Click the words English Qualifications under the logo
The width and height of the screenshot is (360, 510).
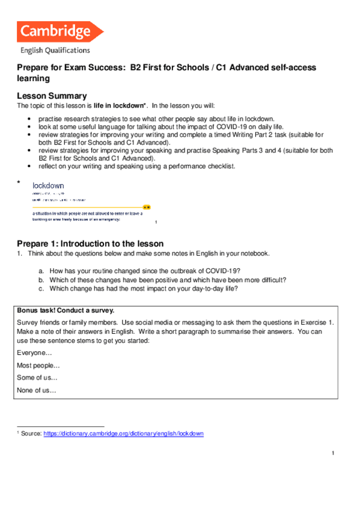point(55,51)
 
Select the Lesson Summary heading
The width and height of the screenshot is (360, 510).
point(52,96)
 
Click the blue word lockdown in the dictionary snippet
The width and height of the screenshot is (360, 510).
point(48,186)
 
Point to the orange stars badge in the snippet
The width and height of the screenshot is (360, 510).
point(147,206)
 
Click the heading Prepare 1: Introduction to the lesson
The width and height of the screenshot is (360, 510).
point(90,244)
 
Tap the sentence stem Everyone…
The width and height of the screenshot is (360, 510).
point(34,354)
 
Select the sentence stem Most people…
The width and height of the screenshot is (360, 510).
point(38,366)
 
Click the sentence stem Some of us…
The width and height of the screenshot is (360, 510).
point(37,378)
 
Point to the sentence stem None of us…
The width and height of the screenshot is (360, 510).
point(37,390)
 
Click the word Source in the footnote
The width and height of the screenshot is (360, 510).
point(30,434)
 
